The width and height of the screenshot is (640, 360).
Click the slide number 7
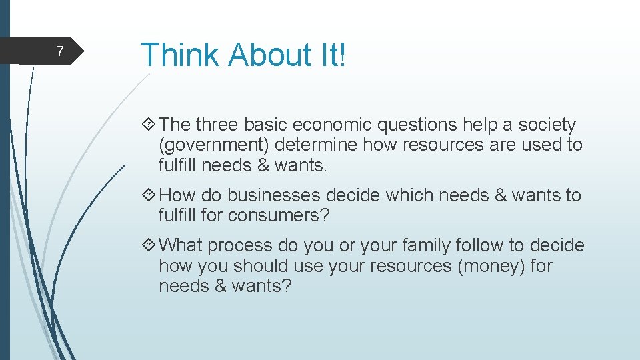point(60,51)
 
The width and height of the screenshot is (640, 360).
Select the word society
point(547,125)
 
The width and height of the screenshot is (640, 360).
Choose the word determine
point(315,145)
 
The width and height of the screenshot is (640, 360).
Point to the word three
point(217,125)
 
